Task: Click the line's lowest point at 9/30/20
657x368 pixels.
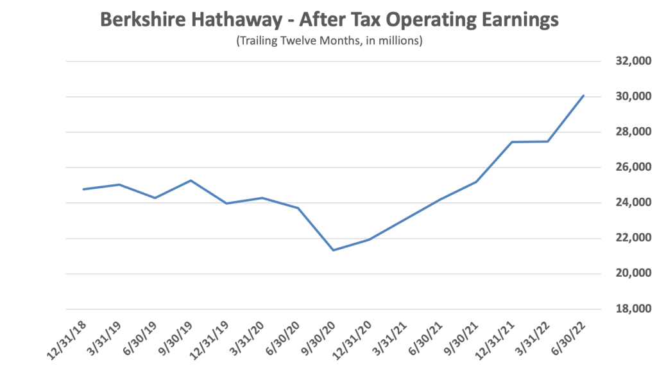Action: tap(333, 250)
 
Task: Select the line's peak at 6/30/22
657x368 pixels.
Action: tap(583, 96)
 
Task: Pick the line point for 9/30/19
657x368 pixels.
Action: tap(191, 180)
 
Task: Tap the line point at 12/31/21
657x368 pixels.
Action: tap(512, 142)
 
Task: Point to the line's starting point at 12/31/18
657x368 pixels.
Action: tap(83, 189)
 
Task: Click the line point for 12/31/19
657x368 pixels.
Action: tap(226, 204)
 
